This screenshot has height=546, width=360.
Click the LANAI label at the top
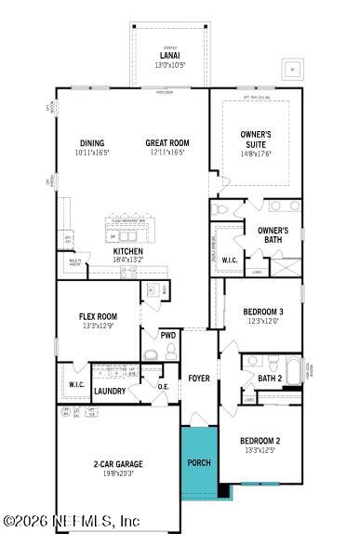168,56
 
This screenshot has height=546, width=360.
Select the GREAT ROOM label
167,143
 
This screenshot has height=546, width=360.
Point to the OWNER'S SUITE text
256,139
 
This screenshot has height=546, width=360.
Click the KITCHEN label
127,251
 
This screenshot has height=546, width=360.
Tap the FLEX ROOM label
98,317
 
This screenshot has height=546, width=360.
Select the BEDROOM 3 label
262,312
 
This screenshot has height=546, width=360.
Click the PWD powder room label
167,335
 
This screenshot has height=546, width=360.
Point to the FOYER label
199,379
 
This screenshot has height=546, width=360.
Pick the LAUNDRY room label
110,392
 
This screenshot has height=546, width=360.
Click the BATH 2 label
270,378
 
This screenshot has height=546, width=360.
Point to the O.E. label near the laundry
163,386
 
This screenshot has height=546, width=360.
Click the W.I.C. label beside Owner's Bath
229,260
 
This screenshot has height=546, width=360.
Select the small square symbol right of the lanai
292,70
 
